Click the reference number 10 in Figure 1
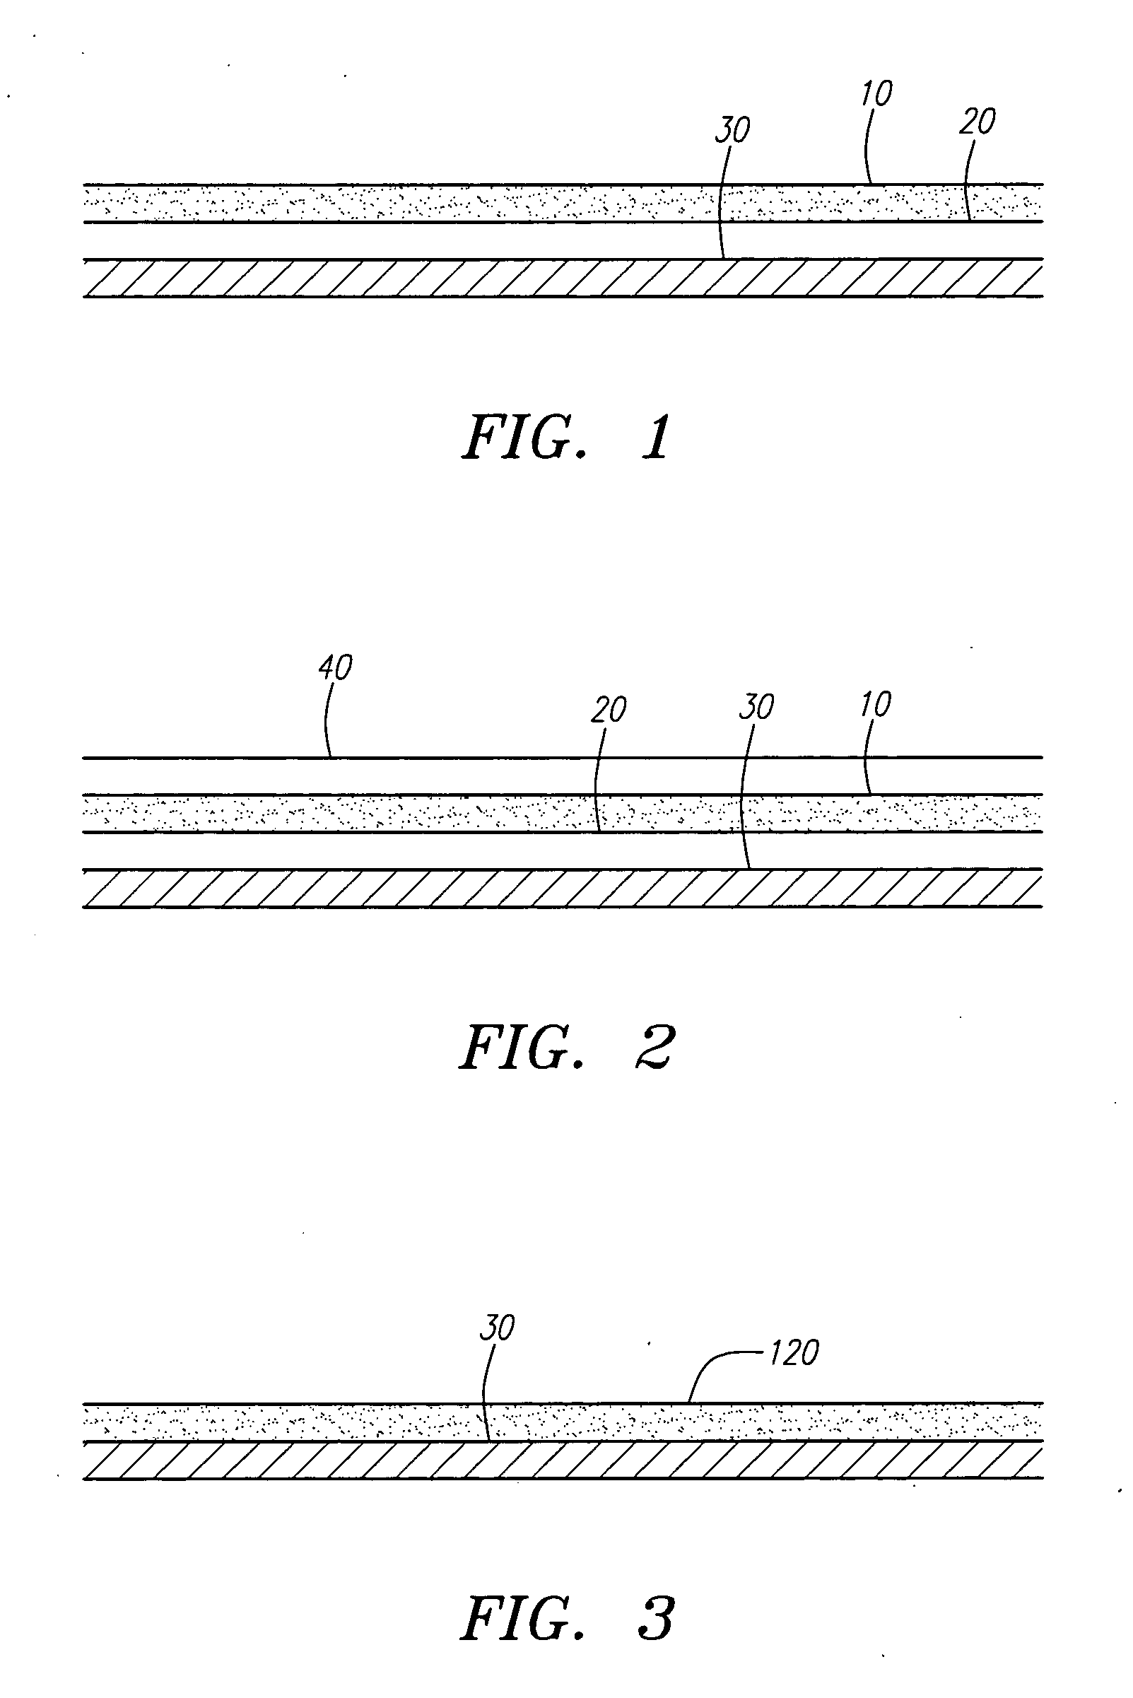[876, 93]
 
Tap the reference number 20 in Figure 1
[978, 122]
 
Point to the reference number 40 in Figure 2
[335, 667]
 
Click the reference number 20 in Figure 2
[609, 710]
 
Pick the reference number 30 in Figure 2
[756, 707]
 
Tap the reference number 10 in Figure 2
[876, 704]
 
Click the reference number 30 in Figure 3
[497, 1328]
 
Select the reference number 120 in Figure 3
[794, 1352]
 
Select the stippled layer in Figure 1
[433, 203]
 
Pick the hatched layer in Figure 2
[433, 888]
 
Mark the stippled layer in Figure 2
[433, 814]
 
